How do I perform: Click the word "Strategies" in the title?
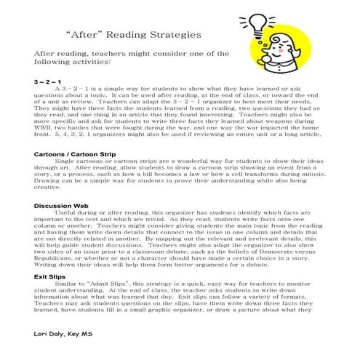point(162,34)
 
